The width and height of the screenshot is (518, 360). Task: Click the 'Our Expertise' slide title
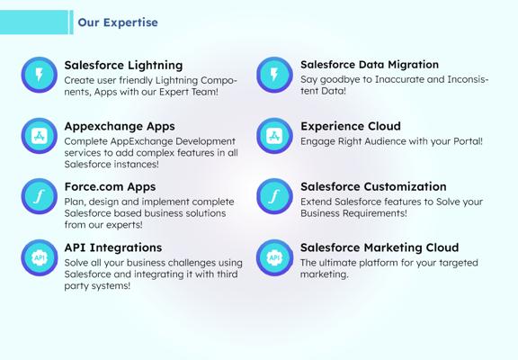click(x=118, y=22)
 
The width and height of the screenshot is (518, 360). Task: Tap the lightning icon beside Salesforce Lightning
click(x=40, y=75)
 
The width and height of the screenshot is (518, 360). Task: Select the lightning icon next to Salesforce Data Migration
click(x=274, y=75)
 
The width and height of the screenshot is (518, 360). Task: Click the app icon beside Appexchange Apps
click(x=40, y=136)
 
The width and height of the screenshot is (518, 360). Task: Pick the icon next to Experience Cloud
click(x=274, y=136)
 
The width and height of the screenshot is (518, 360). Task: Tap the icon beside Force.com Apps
click(x=40, y=196)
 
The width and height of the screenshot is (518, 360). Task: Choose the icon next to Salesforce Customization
click(x=274, y=196)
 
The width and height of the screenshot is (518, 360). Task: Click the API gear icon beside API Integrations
click(x=40, y=257)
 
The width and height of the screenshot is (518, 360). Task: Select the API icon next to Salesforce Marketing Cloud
click(x=274, y=257)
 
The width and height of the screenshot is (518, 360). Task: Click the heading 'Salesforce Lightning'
click(x=123, y=66)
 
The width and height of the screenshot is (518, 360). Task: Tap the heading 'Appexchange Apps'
click(x=120, y=127)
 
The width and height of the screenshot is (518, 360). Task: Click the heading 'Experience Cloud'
click(x=351, y=126)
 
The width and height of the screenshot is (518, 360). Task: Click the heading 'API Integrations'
click(x=113, y=247)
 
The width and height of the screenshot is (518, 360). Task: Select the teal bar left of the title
click(x=34, y=22)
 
